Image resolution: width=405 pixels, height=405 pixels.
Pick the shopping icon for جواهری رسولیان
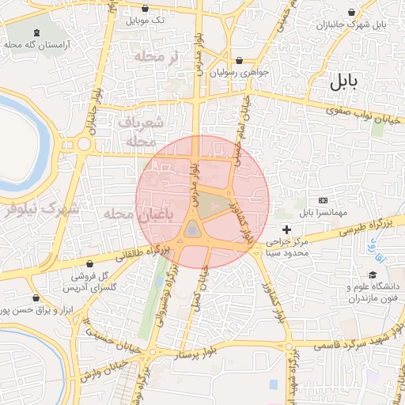point(239,60)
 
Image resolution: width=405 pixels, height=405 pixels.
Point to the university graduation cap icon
point(350,297)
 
